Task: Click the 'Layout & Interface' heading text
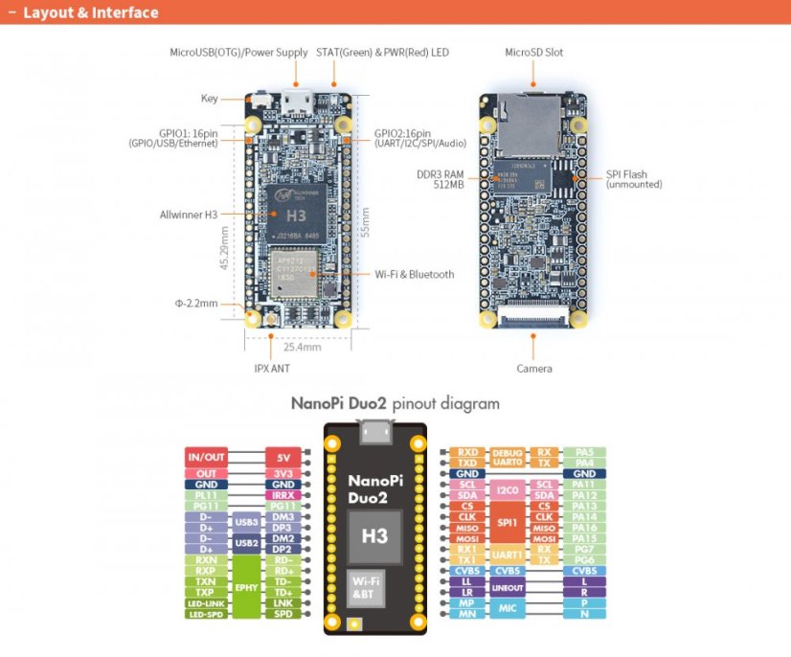[x=91, y=13]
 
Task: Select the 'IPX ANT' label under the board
[x=272, y=368]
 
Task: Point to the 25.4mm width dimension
[x=302, y=347]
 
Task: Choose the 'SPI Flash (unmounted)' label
[x=633, y=179]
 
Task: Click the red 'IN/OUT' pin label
[x=207, y=457]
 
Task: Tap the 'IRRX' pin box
[x=283, y=495]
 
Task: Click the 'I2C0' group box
[x=508, y=490]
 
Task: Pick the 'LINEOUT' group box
[x=508, y=587]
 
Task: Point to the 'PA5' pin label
[x=584, y=452]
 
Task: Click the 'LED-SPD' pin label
[x=206, y=614]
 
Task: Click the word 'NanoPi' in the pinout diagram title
[x=330, y=403]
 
